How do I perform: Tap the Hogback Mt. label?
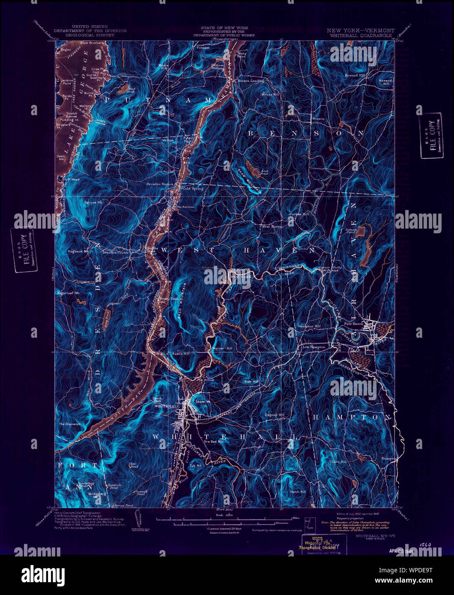[77, 251]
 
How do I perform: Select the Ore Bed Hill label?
[214, 441]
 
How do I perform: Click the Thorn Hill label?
[338, 462]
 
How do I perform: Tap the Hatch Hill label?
[298, 492]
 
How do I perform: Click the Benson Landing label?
[250, 80]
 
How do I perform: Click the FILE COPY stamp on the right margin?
[431, 135]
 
